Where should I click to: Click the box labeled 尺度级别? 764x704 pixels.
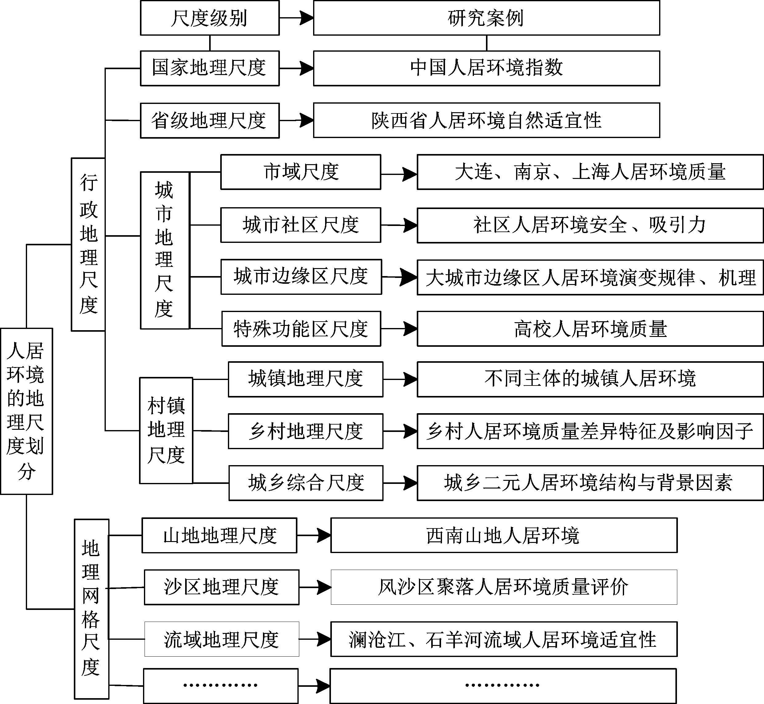point(209,18)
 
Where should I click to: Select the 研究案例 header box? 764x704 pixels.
point(487,18)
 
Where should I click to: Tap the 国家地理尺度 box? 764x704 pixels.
point(209,68)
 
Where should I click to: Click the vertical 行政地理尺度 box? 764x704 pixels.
point(88,245)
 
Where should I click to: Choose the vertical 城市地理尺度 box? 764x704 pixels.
point(165,250)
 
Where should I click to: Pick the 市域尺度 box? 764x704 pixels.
point(300,172)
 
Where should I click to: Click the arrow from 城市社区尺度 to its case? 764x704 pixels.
point(399,225)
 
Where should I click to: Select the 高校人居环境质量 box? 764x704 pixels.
point(590,329)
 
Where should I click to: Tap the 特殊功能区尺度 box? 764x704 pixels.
point(301,329)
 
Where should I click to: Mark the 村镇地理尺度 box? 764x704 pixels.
point(166,430)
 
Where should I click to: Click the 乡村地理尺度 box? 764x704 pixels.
point(306,431)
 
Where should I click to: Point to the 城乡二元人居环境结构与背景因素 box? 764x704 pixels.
point(590,483)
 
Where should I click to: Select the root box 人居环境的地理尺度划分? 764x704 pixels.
point(26,411)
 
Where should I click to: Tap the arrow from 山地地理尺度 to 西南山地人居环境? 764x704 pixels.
point(314,535)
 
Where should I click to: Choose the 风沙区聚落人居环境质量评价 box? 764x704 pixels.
point(504,587)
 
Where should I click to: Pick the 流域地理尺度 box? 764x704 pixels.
point(221,639)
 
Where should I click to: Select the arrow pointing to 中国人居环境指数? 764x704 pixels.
point(296,69)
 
